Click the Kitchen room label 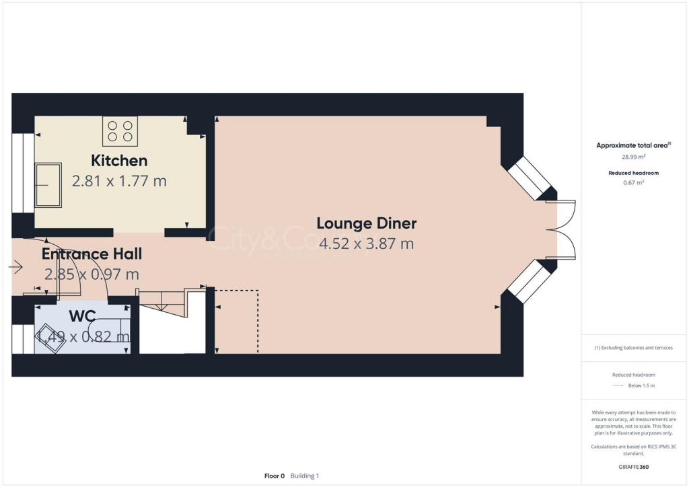(119, 161)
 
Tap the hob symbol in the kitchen (120, 130)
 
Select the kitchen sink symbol (48, 185)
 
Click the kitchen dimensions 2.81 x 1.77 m (119, 181)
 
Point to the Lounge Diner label (367, 223)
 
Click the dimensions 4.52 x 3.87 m (367, 243)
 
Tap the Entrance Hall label (92, 254)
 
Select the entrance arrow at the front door (16, 268)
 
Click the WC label (81, 316)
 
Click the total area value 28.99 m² (633, 157)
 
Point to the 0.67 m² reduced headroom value (633, 182)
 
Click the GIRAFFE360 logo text (633, 466)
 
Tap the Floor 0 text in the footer (275, 476)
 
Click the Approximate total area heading (633, 145)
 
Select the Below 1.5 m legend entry (641, 385)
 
